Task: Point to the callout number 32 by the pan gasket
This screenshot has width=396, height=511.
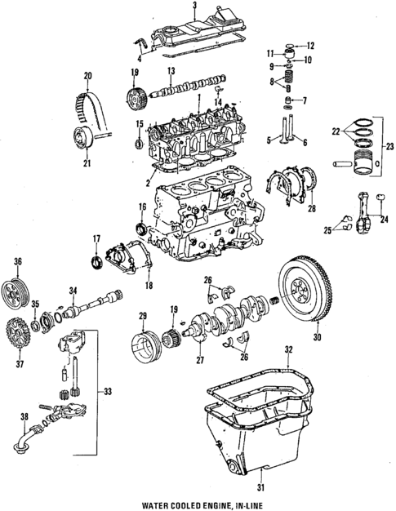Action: (x=287, y=350)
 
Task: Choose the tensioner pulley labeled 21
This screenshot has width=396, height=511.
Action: (x=81, y=141)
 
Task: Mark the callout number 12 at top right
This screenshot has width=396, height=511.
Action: (x=310, y=45)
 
